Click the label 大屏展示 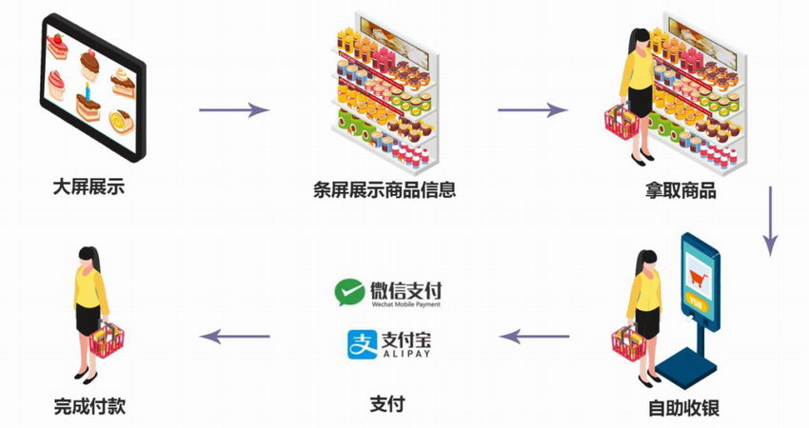point(89,186)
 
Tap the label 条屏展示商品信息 point(385,189)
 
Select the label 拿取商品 point(681,190)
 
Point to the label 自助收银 point(683,408)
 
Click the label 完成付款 point(89,406)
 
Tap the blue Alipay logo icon point(363,344)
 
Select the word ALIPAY point(406,354)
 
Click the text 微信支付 point(406,290)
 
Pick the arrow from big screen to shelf point(234,109)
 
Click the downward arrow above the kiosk point(770,221)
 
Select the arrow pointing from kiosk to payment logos point(535,337)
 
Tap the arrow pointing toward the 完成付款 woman point(235,337)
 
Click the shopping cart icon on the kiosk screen point(698,279)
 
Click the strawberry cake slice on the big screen point(57,47)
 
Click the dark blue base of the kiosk point(686,366)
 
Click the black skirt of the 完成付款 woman point(89,320)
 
